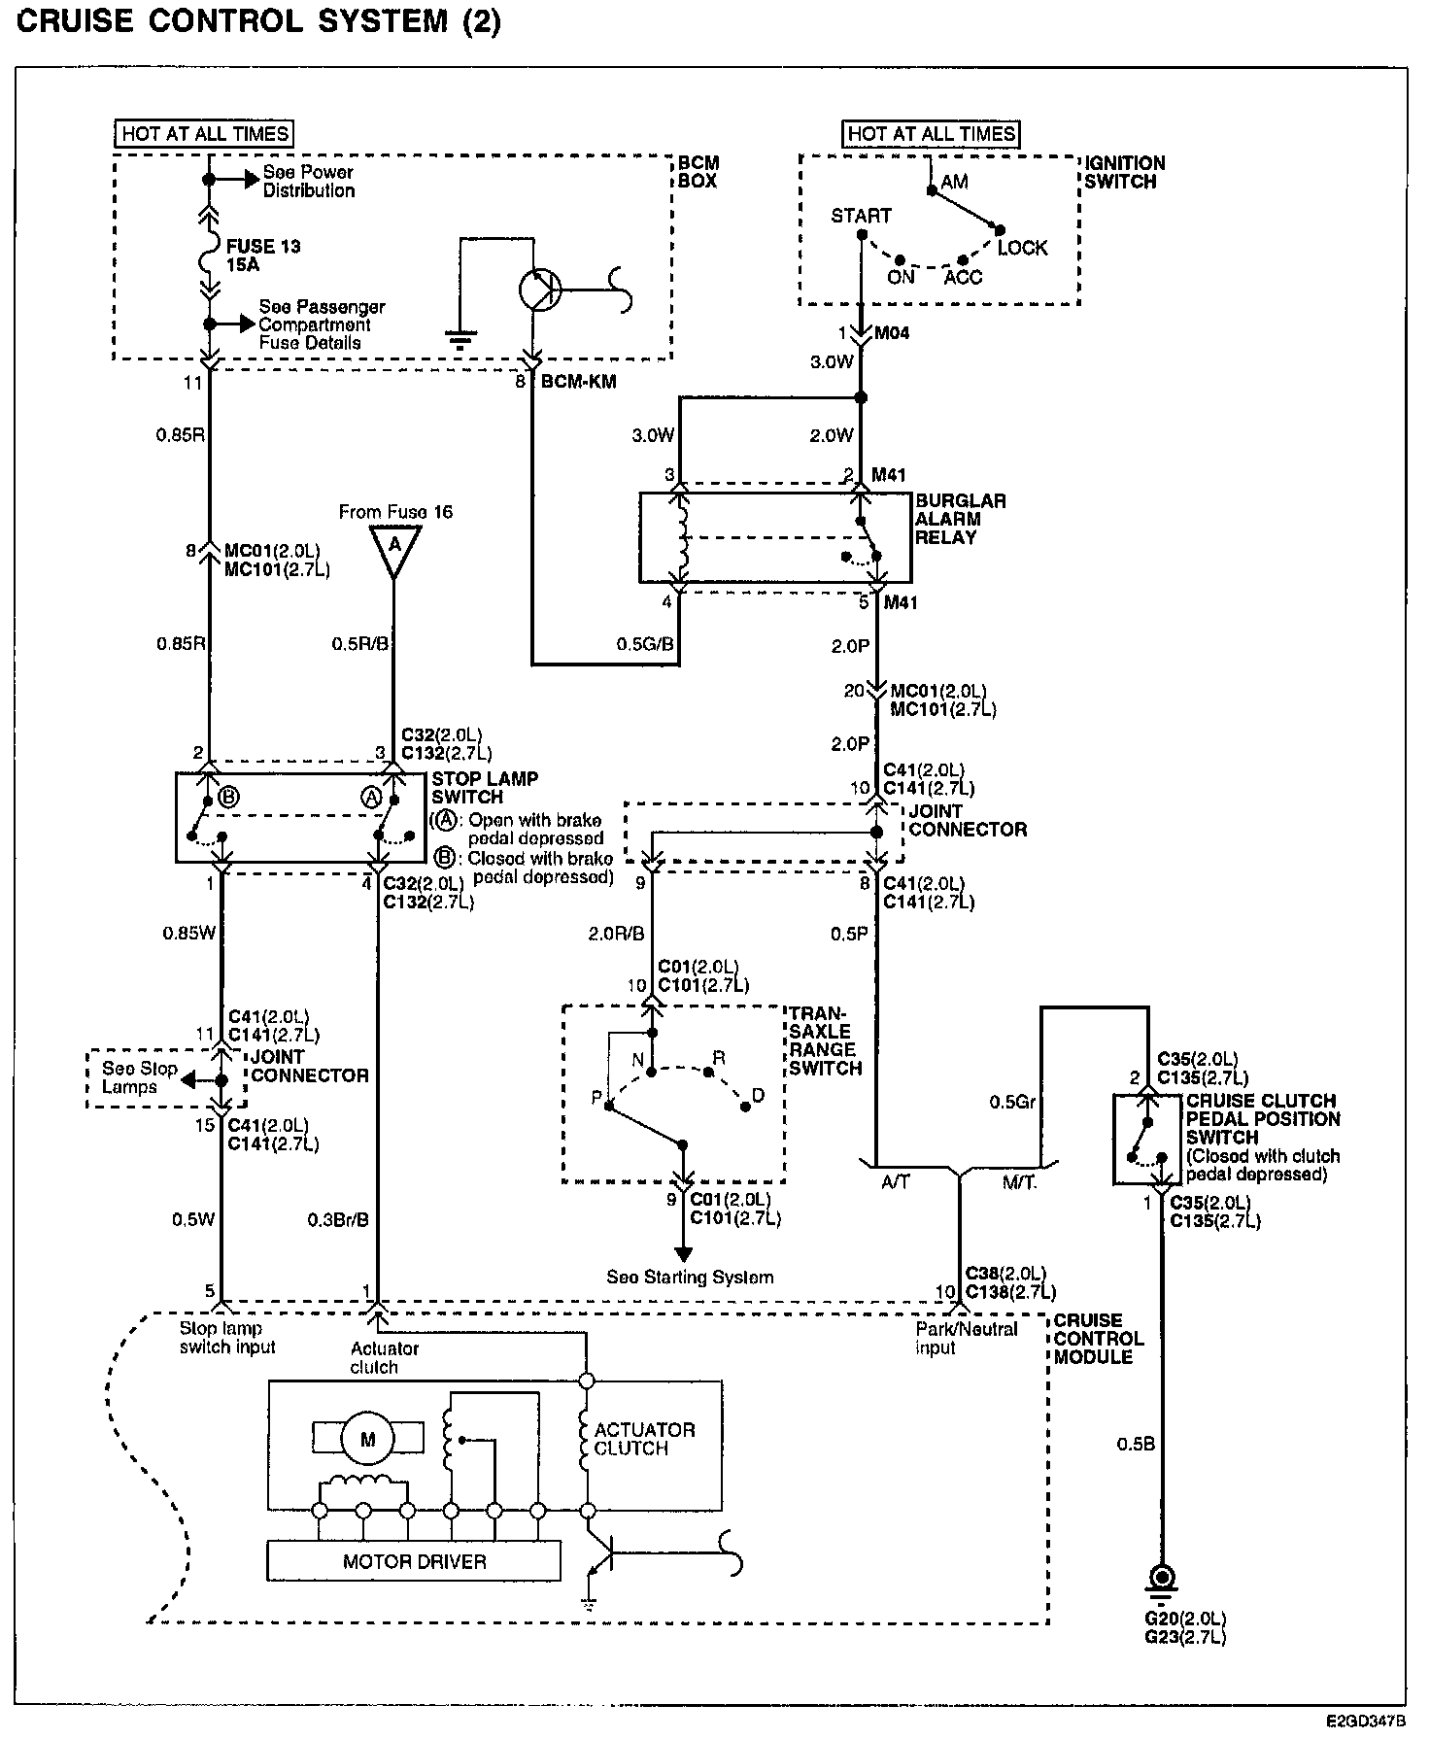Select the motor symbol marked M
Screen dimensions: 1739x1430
pyautogui.click(x=367, y=1441)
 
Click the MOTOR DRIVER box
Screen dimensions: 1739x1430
pyautogui.click(x=414, y=1562)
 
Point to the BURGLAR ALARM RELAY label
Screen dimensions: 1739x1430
pyautogui.click(x=960, y=519)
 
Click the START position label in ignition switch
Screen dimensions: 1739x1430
pyautogui.click(x=861, y=216)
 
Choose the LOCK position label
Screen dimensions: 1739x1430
pyautogui.click(x=1022, y=249)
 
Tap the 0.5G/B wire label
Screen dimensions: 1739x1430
pyautogui.click(x=645, y=644)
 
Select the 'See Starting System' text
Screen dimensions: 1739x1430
pyautogui.click(x=690, y=1277)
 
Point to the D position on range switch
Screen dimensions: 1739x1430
pyautogui.click(x=758, y=1096)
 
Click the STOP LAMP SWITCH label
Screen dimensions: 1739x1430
pyautogui.click(x=484, y=788)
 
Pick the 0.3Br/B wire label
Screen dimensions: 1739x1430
pyautogui.click(x=337, y=1219)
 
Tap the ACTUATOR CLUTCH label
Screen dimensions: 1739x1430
pyautogui.click(x=644, y=1439)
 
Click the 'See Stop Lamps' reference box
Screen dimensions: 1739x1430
pyautogui.click(x=140, y=1077)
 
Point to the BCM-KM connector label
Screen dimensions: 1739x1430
pyautogui.click(x=578, y=382)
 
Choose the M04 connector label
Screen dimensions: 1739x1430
pyautogui.click(x=892, y=333)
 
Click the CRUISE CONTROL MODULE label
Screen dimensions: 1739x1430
pyautogui.click(x=1099, y=1338)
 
